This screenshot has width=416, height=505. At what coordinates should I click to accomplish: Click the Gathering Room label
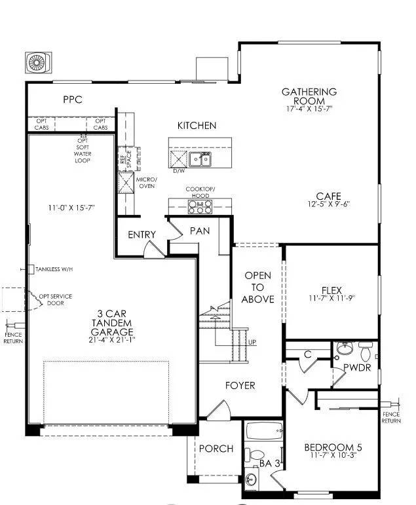click(x=309, y=96)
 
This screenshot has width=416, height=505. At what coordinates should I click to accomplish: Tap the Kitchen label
click(x=197, y=126)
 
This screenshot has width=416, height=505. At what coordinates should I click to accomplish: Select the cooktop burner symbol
click(x=199, y=207)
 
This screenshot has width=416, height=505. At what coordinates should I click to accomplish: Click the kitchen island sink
click(x=200, y=159)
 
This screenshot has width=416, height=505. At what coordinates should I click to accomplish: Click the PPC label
click(x=72, y=100)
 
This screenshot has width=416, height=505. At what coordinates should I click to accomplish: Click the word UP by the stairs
click(x=252, y=343)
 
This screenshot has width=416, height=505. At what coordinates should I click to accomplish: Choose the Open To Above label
click(x=258, y=288)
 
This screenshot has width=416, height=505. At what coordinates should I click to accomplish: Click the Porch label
click(x=216, y=449)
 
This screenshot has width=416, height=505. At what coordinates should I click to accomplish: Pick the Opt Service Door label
click(x=55, y=300)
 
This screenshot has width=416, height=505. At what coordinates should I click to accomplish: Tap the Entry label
click(x=142, y=235)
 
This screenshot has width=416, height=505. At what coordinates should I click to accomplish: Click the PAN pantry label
click(x=199, y=231)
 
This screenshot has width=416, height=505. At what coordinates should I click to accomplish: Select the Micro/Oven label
click(x=147, y=182)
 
